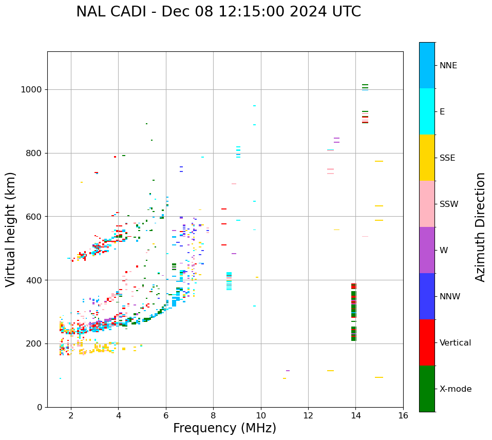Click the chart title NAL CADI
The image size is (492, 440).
pyautogui.click(x=218, y=12)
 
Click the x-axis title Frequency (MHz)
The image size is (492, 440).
pyautogui.click(x=224, y=428)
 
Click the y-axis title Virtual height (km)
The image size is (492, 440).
pyautogui.click(x=11, y=229)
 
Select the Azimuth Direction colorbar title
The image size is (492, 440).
pyautogui.click(x=480, y=227)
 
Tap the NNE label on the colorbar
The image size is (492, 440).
pyautogui.click(x=448, y=66)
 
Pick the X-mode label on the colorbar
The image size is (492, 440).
pyautogui.click(x=455, y=389)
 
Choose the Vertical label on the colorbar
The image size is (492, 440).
pyautogui.click(x=455, y=343)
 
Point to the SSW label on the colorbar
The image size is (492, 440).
pyautogui.click(x=449, y=204)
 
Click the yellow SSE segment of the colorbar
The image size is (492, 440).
pyautogui.click(x=427, y=158)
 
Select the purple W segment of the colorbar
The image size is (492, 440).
pyautogui.click(x=427, y=250)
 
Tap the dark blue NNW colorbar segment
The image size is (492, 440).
pyautogui.click(x=427, y=296)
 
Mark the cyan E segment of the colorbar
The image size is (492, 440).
pyautogui.click(x=427, y=111)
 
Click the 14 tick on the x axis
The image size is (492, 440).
pyautogui.click(x=355, y=415)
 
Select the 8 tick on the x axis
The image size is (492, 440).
pyautogui.click(x=213, y=415)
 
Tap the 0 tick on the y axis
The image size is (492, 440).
pyautogui.click(x=40, y=407)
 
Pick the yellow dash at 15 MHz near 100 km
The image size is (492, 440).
pyautogui.click(x=379, y=377)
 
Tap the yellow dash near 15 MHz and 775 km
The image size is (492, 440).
pyautogui.click(x=379, y=161)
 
